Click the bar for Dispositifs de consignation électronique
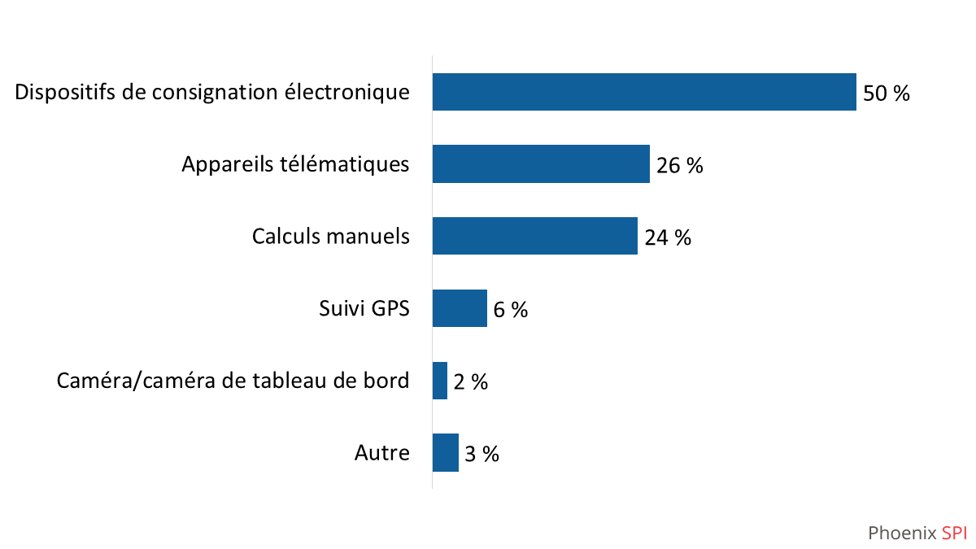pos(644,92)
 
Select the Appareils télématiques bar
pos(541,164)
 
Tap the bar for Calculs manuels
pos(534,236)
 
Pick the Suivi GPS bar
pos(460,308)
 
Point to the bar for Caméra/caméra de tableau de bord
pos(440,381)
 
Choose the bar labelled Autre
pos(445,452)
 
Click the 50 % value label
pos(887,94)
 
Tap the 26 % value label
pos(679,166)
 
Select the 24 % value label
pos(668,237)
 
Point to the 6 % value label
pos(511,310)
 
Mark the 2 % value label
pos(471,381)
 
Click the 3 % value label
pos(481,454)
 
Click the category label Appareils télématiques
pos(295,164)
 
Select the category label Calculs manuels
pos(331,237)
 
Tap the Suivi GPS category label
pos(364,309)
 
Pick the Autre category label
pos(382,453)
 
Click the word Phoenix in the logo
pos(902,534)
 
